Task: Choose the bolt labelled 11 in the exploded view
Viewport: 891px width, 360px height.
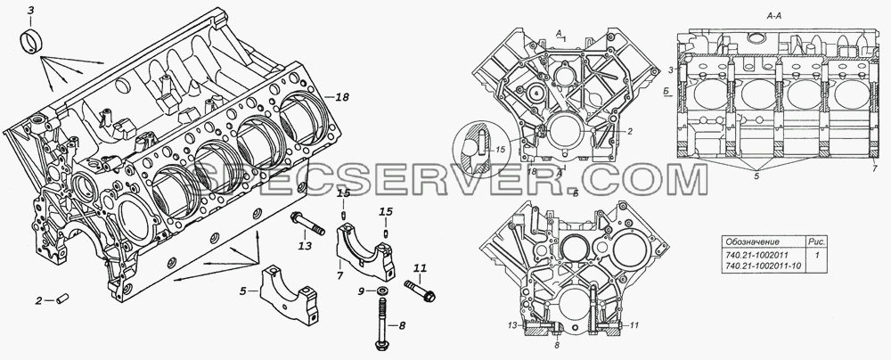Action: click(x=421, y=290)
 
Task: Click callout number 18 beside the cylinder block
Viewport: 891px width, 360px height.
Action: click(x=341, y=97)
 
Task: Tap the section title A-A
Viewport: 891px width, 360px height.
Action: click(x=774, y=17)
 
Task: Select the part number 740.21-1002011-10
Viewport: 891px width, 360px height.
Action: click(x=763, y=266)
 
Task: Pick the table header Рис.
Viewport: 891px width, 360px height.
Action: click(x=816, y=241)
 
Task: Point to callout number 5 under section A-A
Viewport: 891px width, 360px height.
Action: click(x=756, y=176)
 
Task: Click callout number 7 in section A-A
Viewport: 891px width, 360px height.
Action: click(x=875, y=169)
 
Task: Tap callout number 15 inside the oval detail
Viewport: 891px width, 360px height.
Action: click(x=501, y=150)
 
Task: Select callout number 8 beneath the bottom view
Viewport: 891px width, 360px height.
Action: click(x=557, y=344)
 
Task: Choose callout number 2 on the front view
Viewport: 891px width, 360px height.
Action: click(x=630, y=131)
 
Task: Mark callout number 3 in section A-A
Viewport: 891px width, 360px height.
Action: click(x=671, y=70)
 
